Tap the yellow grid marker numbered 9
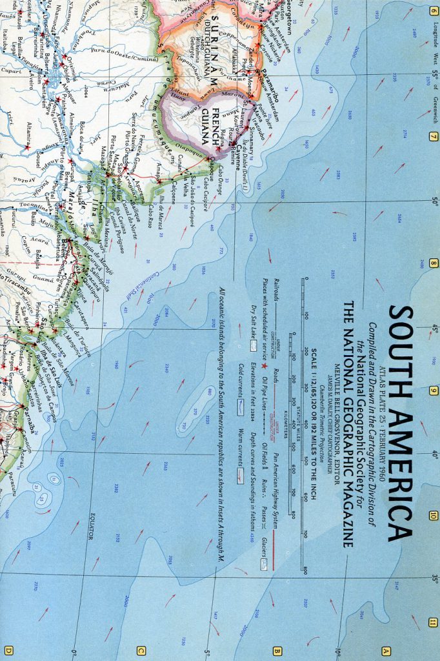434,391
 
